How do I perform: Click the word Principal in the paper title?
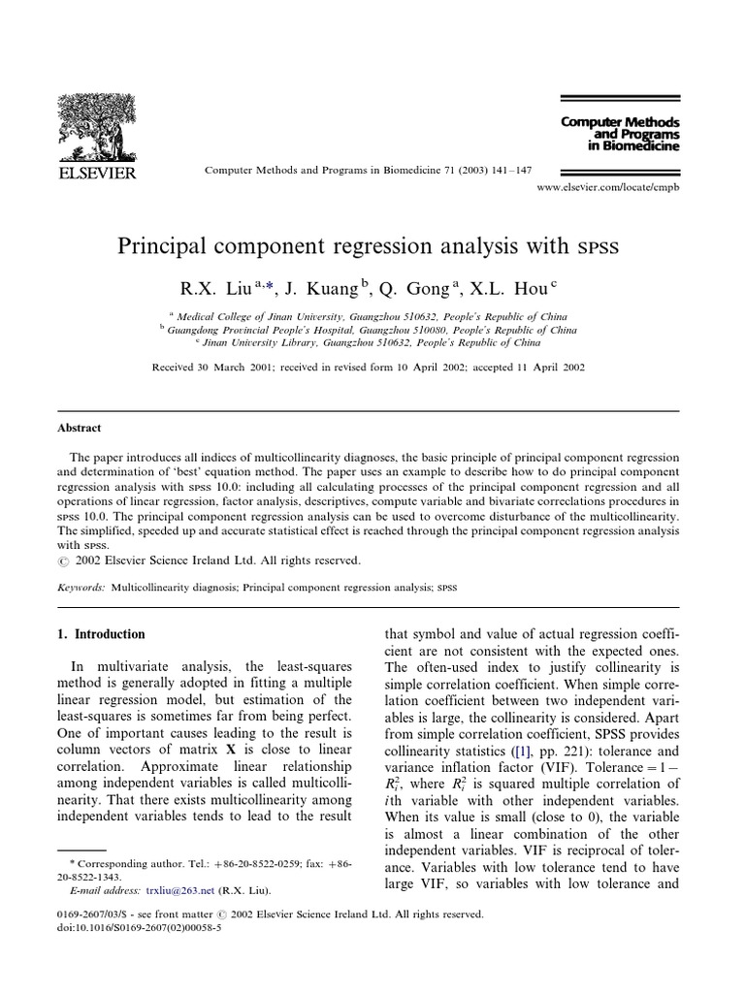(x=170, y=245)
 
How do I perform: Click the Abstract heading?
(x=79, y=428)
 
